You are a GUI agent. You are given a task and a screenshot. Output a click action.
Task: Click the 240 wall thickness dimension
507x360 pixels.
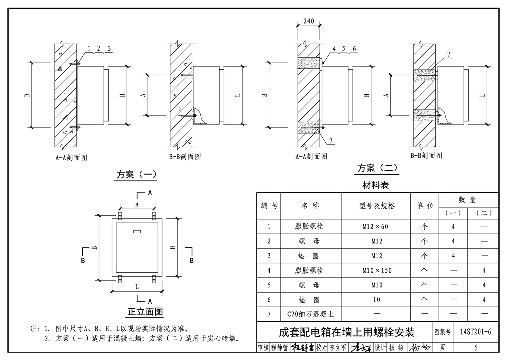tap(309, 21)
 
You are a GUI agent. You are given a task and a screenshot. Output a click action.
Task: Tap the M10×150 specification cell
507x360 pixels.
tap(377, 270)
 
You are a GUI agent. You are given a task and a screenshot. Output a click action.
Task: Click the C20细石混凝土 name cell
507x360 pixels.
tap(311, 314)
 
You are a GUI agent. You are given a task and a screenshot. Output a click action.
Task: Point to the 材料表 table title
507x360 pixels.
tap(375, 185)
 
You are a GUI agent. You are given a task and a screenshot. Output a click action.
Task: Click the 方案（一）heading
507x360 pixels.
tap(137, 174)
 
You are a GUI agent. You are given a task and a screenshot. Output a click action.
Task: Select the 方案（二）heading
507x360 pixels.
tap(377, 168)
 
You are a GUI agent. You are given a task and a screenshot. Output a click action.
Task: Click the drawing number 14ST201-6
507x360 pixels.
tap(476, 332)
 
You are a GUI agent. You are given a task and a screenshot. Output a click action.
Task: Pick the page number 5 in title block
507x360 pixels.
tap(476, 348)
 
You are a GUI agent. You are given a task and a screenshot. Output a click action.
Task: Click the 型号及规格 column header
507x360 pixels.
tap(377, 205)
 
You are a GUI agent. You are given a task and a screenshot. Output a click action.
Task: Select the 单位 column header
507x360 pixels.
tap(425, 205)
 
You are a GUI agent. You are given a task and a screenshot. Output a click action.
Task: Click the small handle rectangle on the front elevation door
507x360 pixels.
tap(137, 231)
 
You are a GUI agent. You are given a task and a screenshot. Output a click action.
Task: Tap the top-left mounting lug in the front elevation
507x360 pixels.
tap(120, 216)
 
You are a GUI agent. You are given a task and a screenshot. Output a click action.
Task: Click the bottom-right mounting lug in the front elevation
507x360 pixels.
tap(154, 279)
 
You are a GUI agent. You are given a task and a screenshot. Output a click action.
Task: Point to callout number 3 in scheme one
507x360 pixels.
tap(109, 48)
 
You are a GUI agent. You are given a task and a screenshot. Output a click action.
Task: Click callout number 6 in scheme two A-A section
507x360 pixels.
tap(354, 49)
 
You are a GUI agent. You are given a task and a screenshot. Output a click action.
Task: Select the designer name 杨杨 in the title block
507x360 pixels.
tap(396, 348)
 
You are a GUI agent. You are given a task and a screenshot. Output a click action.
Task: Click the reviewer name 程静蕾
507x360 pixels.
tap(279, 348)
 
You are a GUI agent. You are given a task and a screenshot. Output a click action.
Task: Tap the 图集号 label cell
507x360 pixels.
tap(442, 332)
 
